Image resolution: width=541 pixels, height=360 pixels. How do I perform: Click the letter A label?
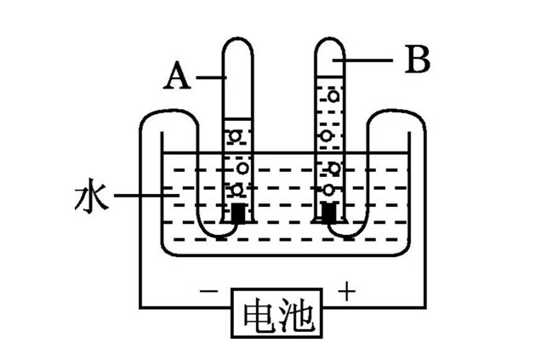[x=176, y=77]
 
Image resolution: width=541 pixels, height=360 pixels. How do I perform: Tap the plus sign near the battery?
[x=347, y=292]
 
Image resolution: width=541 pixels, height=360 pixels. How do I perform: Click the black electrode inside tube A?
[x=239, y=212]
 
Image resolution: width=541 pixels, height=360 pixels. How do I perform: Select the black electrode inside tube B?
[x=330, y=210]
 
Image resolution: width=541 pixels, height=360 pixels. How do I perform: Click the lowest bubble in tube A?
[x=238, y=188]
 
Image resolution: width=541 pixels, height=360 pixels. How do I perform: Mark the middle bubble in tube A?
[x=241, y=164]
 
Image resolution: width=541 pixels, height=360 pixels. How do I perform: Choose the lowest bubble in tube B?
[x=328, y=189]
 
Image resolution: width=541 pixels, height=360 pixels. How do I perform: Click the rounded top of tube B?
[x=329, y=44]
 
